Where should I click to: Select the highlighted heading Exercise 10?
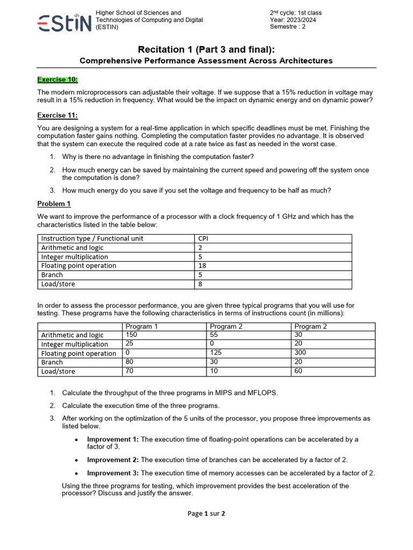tap(58, 79)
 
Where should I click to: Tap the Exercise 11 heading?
tap(56, 115)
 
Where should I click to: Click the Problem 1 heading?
tap(54, 204)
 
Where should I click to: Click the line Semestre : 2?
tap(287, 27)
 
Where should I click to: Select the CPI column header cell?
tap(203, 238)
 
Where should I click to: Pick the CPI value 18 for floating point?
tap(202, 266)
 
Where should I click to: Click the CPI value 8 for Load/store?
tap(201, 284)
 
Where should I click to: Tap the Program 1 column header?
tap(142, 327)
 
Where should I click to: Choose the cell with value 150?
tap(131, 335)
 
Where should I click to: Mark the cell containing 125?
tap(216, 353)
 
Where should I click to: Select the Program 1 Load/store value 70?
tap(130, 371)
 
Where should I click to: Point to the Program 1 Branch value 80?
tap(130, 363)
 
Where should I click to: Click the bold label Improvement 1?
tap(113, 439)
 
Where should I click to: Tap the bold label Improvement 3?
tap(113, 473)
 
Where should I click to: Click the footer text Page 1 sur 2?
tap(206, 513)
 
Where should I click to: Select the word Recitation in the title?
tap(161, 49)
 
